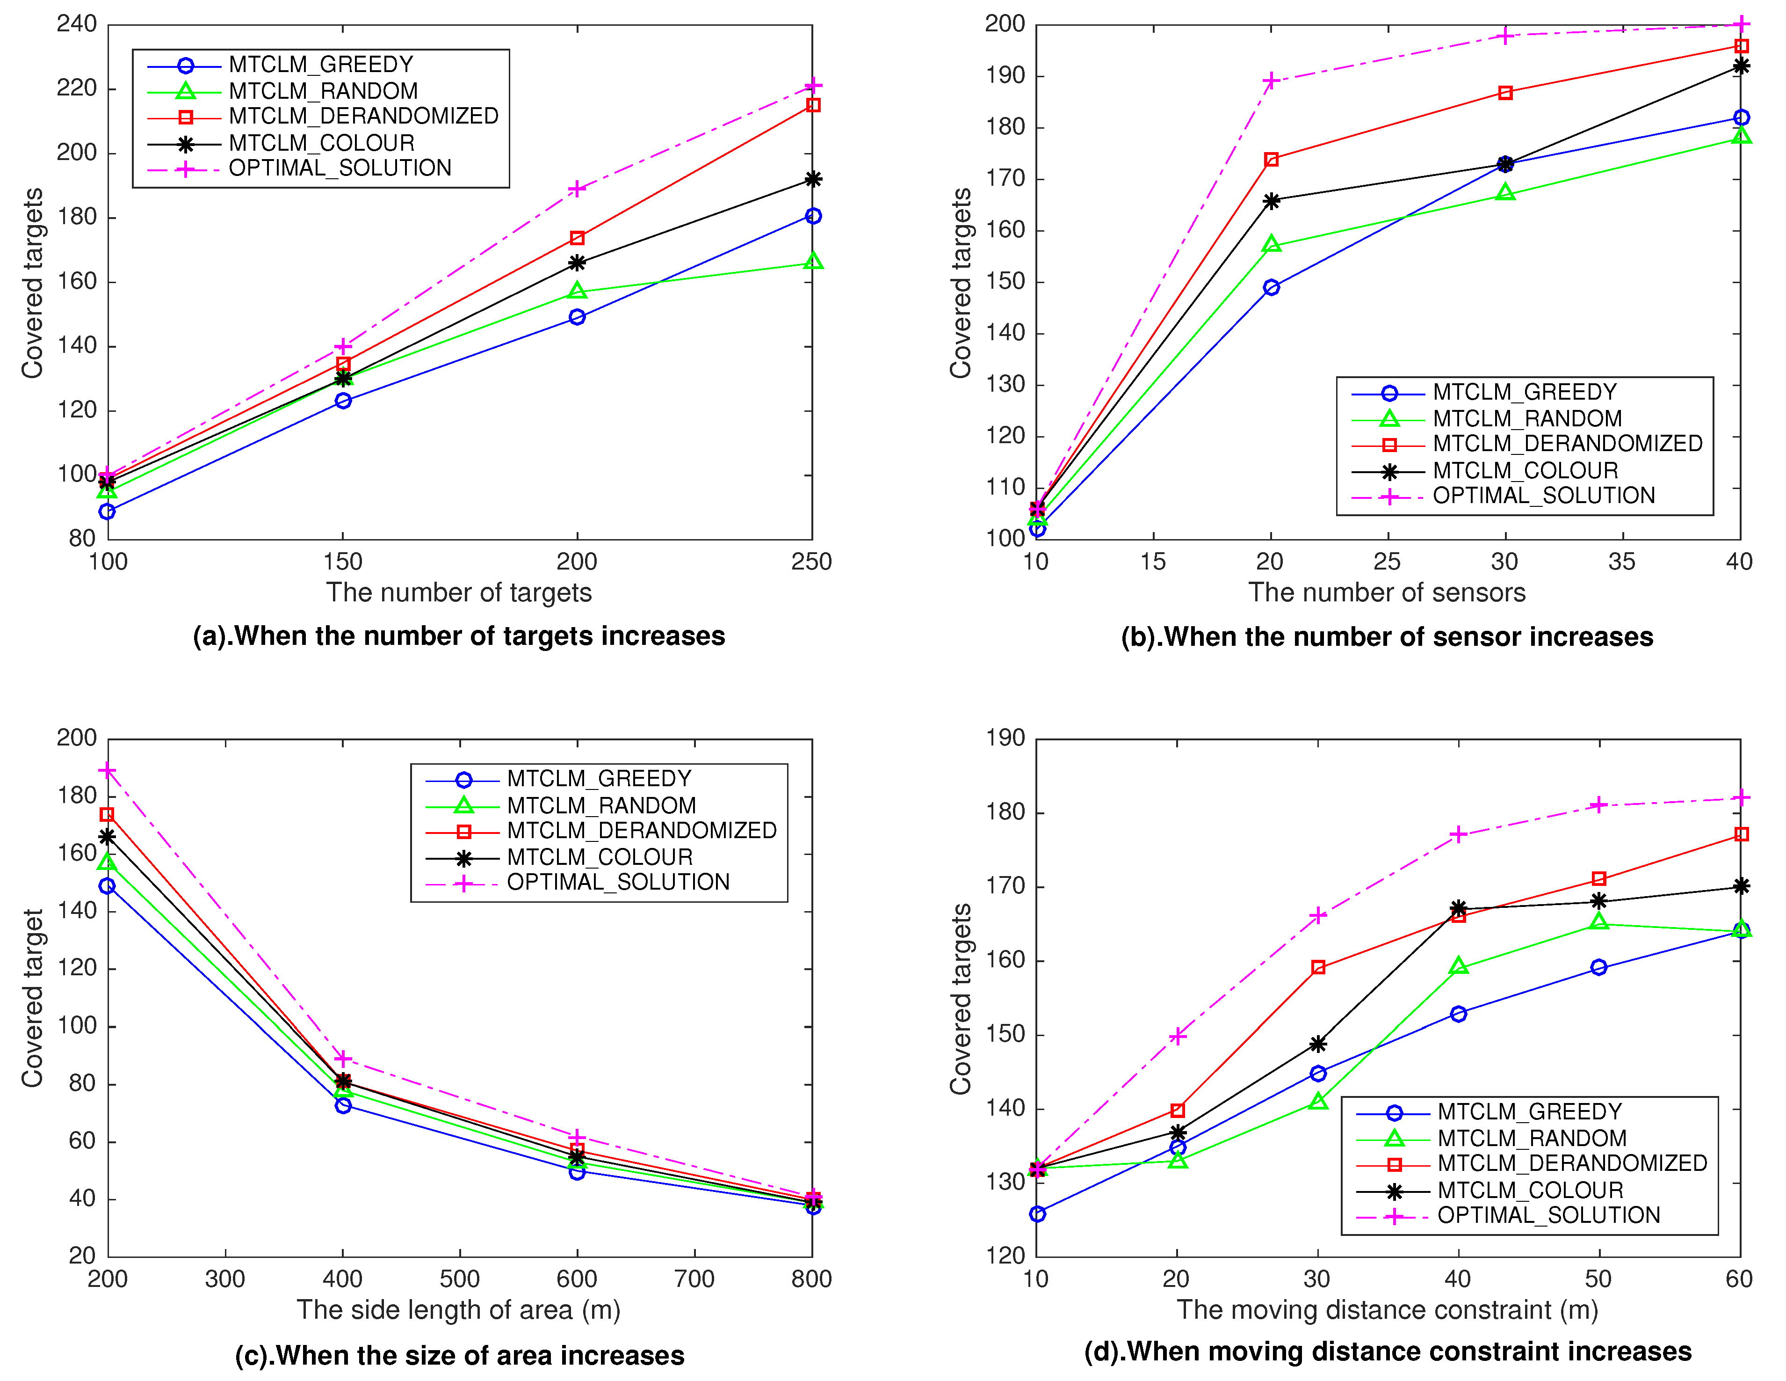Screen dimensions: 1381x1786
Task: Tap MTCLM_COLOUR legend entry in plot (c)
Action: pos(600,857)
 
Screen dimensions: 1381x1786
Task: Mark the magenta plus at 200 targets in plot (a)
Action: pos(578,189)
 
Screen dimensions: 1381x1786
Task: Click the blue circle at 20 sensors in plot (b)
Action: pos(1271,287)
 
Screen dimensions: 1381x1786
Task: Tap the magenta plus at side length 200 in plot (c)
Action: pos(107,771)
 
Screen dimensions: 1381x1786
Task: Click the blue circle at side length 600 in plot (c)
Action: pos(578,1171)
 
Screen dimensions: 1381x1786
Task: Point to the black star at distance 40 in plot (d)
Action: pos(1458,908)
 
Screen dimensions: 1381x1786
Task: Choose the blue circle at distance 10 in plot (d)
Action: pos(1037,1214)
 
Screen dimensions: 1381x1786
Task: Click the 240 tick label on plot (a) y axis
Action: pos(77,24)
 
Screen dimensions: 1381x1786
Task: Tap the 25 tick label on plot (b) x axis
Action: pos(1387,562)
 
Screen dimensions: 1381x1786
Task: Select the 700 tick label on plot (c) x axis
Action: pos(694,1279)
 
